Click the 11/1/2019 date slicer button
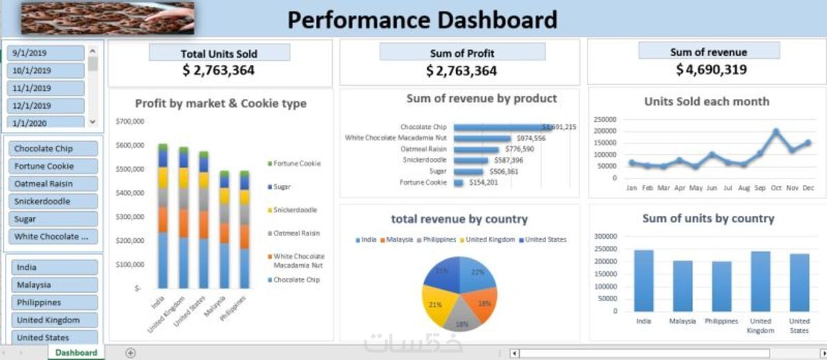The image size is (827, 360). (46, 88)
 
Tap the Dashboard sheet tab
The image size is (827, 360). (76, 352)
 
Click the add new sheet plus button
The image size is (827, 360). (130, 352)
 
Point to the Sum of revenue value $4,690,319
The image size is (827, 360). (711, 70)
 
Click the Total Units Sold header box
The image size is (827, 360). (219, 53)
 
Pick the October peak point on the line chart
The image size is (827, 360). (776, 132)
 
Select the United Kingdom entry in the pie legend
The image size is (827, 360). (490, 240)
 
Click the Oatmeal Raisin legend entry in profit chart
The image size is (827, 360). (296, 233)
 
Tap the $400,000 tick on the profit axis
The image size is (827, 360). (129, 192)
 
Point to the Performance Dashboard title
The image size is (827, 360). (422, 19)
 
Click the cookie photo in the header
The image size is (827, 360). (107, 18)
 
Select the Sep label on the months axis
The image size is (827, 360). (759, 188)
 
